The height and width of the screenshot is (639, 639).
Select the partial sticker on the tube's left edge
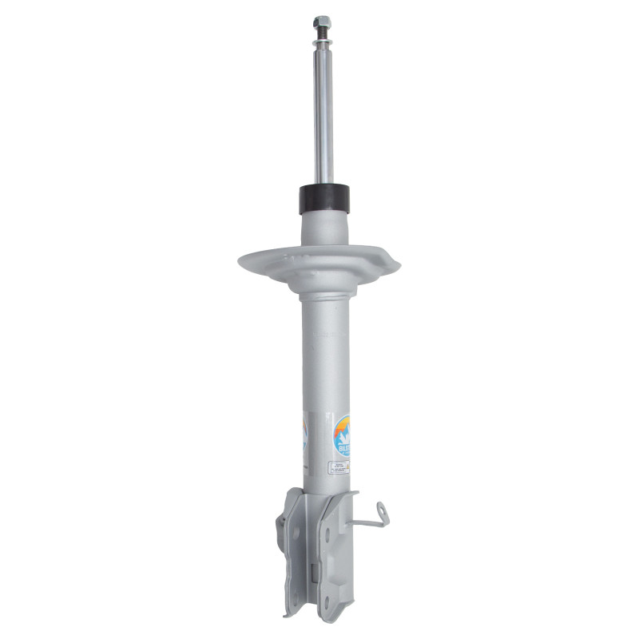(304, 435)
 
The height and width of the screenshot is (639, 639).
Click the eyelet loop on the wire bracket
(383, 509)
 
